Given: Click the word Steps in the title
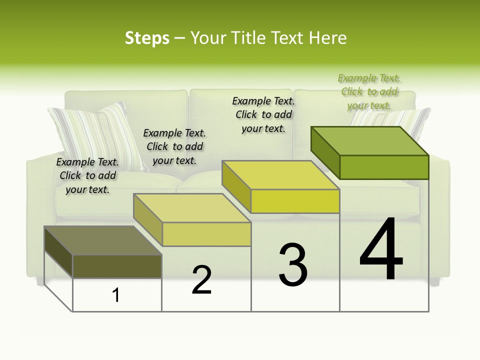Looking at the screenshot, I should tap(147, 38).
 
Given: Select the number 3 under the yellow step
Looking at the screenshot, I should tap(293, 265).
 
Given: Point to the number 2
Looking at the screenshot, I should tap(202, 280).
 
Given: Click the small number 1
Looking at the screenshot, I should tap(116, 295).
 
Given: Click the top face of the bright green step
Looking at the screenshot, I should tap(370, 140).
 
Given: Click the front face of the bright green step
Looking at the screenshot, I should tap(384, 167).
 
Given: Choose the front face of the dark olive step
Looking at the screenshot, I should tap(117, 266).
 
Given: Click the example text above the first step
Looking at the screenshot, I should tap(87, 175).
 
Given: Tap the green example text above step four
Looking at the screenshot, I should tap(369, 91).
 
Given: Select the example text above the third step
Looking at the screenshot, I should tap(263, 114).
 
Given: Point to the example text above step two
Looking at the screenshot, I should tap(174, 146).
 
